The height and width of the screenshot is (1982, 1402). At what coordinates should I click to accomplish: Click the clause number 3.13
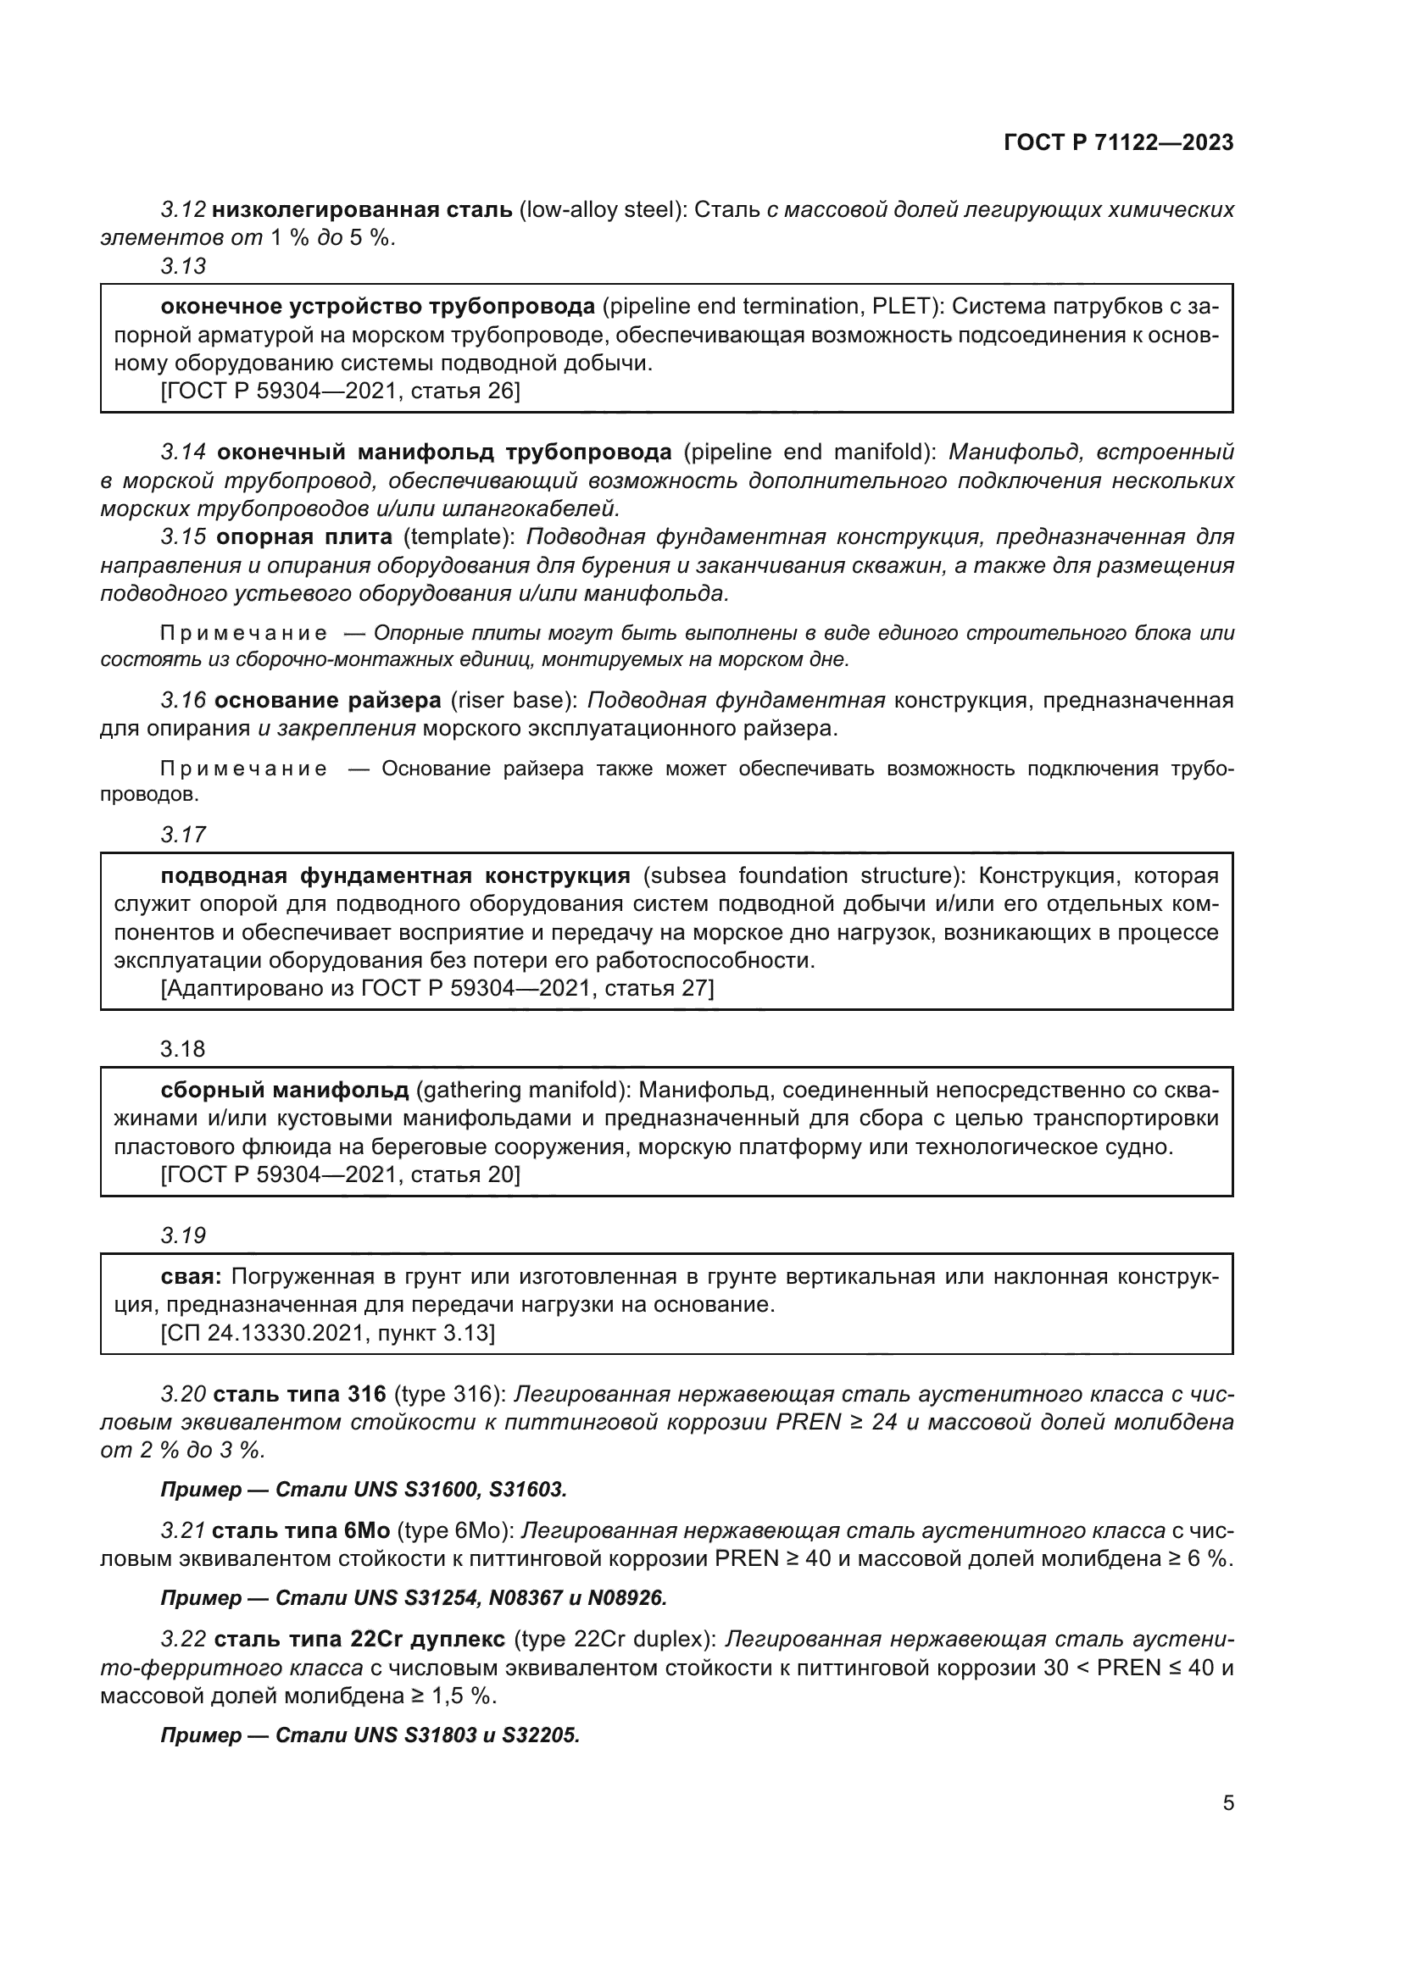183,266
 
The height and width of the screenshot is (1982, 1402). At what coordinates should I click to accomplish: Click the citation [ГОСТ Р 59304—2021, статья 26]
340,391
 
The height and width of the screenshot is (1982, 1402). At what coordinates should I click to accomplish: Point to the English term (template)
458,537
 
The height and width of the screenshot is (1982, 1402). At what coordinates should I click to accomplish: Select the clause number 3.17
183,835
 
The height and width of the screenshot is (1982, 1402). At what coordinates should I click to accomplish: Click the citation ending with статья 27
437,987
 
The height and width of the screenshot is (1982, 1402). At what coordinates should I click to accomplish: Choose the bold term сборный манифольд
285,1091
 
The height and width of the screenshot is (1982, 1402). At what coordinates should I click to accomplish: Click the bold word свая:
192,1276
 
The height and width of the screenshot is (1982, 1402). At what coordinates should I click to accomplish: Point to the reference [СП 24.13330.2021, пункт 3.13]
328,1333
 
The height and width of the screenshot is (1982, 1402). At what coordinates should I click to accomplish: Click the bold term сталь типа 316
298,1394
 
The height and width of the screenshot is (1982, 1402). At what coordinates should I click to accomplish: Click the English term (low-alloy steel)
603,210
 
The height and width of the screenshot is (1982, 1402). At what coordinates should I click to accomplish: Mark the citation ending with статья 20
340,1174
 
